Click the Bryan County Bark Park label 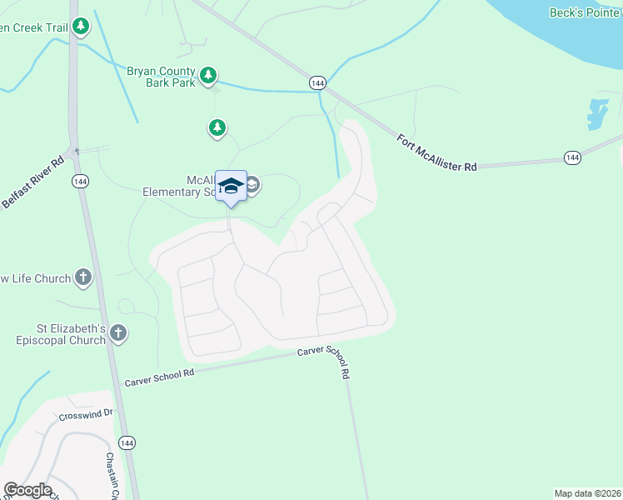(161, 77)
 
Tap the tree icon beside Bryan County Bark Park (208, 77)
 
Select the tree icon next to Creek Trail (81, 27)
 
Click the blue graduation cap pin (231, 186)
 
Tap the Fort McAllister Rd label (436, 153)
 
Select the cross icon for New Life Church (82, 277)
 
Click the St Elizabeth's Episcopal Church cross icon (118, 334)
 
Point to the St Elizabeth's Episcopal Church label (60, 333)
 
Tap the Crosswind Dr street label (84, 415)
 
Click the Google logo (27, 490)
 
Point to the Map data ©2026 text (586, 493)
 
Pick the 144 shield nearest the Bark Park (316, 82)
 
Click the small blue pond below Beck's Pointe (596, 114)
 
